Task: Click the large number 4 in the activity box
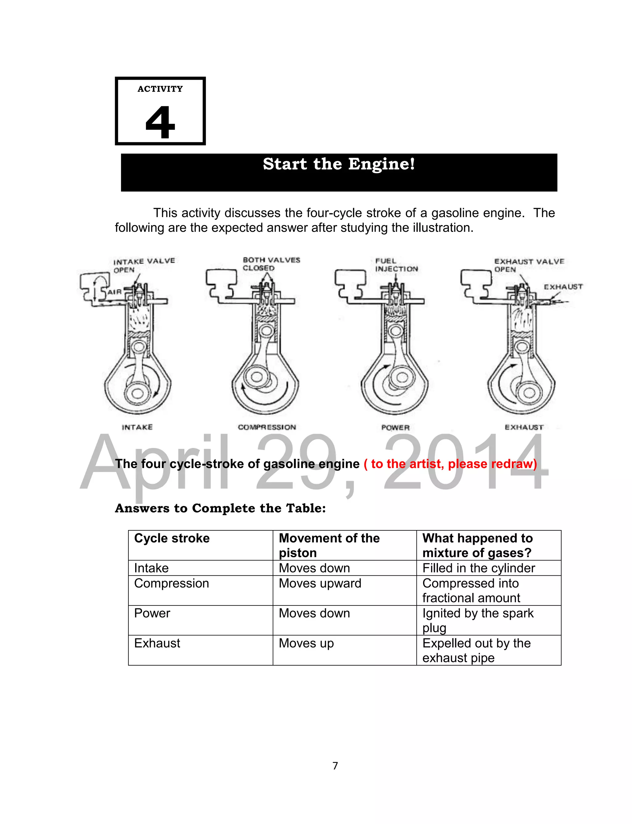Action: click(x=160, y=122)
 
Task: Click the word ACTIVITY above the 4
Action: click(x=160, y=89)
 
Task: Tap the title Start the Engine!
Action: click(x=339, y=164)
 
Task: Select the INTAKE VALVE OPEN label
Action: click(x=144, y=265)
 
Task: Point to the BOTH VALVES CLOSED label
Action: click(x=271, y=264)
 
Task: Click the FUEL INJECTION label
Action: click(x=396, y=265)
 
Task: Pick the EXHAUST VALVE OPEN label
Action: click(x=529, y=265)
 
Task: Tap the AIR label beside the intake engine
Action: click(x=114, y=292)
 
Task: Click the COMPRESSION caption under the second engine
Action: click(x=267, y=427)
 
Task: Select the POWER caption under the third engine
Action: click(x=395, y=427)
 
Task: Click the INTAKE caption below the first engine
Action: click(x=137, y=427)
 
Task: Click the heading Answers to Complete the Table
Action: click(x=220, y=508)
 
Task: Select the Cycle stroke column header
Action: click(x=172, y=538)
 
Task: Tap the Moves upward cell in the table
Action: click(x=320, y=583)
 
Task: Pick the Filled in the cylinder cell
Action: click(x=479, y=568)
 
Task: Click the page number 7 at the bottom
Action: click(x=335, y=766)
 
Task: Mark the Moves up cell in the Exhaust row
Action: click(x=306, y=643)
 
